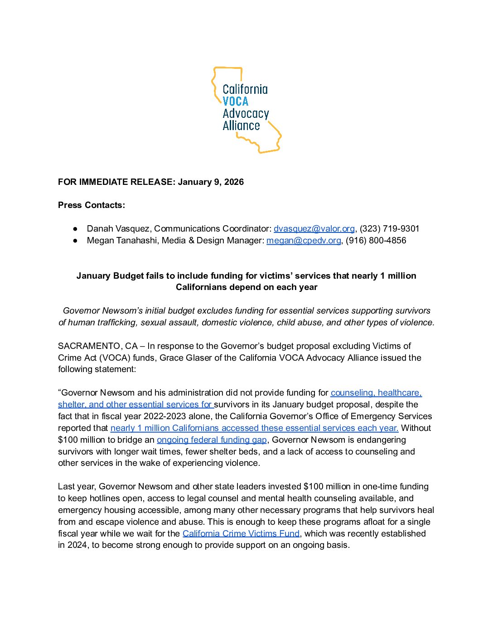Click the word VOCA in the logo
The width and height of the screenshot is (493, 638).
pyautogui.click(x=235, y=101)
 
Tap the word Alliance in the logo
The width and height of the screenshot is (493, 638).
pyautogui.click(x=241, y=126)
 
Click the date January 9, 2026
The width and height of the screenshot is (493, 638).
pyautogui.click(x=211, y=182)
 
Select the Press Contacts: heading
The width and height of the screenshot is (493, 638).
pyautogui.click(x=92, y=205)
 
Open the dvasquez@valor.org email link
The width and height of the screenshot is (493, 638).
pyautogui.click(x=314, y=229)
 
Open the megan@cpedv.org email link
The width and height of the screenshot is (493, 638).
pyautogui.click(x=304, y=241)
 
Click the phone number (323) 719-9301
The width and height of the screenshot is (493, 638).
pyautogui.click(x=390, y=229)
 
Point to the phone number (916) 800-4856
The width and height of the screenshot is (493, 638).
pyautogui.click(x=376, y=241)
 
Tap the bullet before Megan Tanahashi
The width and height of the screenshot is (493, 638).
pyautogui.click(x=75, y=241)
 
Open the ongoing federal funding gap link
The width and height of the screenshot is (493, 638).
pyautogui.click(x=212, y=440)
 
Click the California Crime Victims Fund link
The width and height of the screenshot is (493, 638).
pyautogui.click(x=241, y=534)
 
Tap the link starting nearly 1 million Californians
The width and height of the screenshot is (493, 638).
pyautogui.click(x=254, y=428)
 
